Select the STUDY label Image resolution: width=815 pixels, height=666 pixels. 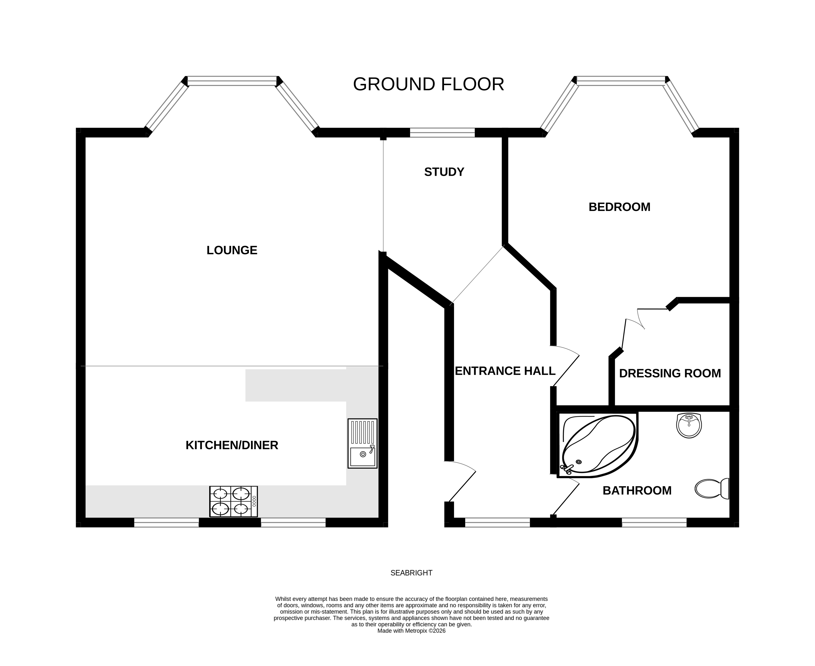(444, 172)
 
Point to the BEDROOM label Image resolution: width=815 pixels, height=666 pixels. (619, 207)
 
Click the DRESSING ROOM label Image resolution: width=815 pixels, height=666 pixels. (670, 373)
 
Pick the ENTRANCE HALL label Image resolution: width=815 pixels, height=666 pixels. (505, 371)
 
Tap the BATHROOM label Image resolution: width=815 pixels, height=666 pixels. (637, 491)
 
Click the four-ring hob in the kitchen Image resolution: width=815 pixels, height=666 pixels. (233, 501)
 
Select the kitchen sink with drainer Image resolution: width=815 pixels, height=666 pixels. (362, 443)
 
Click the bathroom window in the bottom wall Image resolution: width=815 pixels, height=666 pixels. (654, 522)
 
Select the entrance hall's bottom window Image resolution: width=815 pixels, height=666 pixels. (497, 522)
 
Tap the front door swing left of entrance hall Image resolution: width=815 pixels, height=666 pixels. (460, 482)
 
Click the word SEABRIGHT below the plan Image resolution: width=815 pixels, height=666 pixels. (411, 573)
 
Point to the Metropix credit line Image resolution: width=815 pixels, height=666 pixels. (411, 631)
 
